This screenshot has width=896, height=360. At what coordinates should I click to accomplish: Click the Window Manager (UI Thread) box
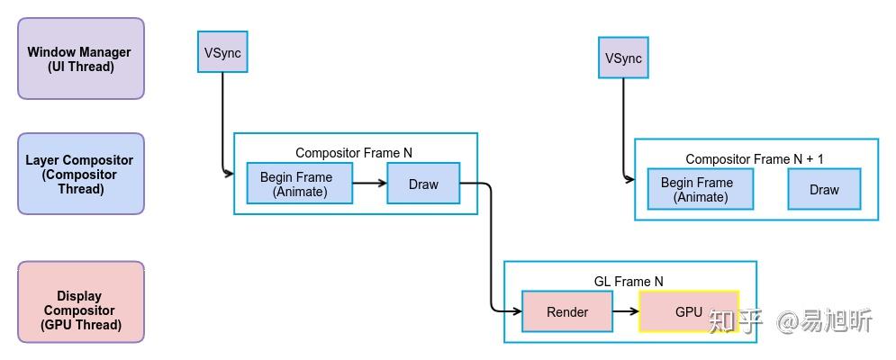[81, 58]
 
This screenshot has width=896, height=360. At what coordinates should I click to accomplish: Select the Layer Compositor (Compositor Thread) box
[81, 174]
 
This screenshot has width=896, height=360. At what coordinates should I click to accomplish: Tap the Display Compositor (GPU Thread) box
[81, 302]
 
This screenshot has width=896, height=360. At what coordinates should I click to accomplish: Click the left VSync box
[222, 52]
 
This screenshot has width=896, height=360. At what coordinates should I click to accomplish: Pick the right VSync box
[623, 58]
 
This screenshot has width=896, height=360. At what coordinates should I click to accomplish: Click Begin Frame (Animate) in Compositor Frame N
[299, 184]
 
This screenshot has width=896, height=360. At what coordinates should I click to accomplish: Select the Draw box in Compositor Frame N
[423, 184]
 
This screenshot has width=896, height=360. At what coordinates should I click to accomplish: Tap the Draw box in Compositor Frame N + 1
[824, 189]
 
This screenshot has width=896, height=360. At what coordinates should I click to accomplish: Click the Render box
[567, 311]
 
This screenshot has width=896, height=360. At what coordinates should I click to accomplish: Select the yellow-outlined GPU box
[689, 311]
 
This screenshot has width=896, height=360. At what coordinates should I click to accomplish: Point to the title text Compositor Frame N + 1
[755, 159]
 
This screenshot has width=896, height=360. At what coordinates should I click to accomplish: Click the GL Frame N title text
[629, 282]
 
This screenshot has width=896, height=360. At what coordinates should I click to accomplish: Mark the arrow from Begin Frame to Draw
[369, 184]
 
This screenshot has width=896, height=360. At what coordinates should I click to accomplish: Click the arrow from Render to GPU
[626, 311]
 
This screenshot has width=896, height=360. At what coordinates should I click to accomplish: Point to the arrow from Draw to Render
[492, 252]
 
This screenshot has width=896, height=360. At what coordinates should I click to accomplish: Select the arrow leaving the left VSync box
[222, 117]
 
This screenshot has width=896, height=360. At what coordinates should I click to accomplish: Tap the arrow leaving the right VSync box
[623, 126]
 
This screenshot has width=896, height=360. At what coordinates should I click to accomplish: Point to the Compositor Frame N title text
[354, 153]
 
